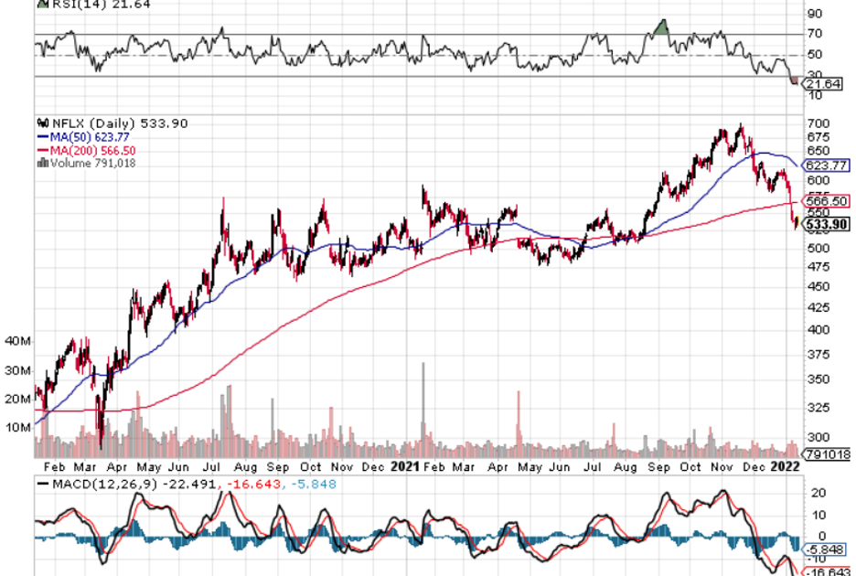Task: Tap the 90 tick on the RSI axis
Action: click(813, 14)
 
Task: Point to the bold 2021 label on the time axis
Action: click(404, 466)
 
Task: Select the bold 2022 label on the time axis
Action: click(786, 466)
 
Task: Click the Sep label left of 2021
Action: click(273, 466)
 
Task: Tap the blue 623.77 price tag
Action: click(826, 166)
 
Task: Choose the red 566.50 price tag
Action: click(826, 201)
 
